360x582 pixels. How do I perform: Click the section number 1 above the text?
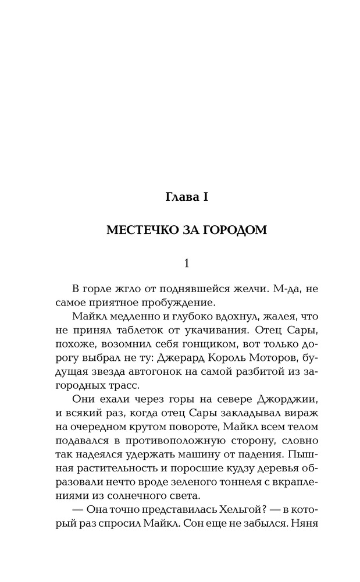tap(186, 263)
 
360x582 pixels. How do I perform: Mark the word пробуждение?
tap(182, 303)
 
